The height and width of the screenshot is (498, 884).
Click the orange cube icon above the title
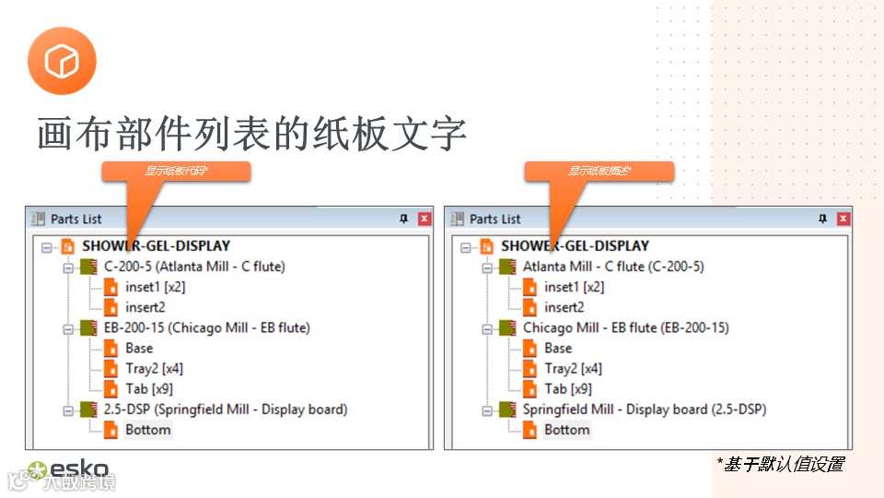62,61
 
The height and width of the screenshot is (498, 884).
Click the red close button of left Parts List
425,219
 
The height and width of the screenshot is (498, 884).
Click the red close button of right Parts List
843,219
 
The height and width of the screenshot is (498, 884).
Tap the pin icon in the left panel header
403,219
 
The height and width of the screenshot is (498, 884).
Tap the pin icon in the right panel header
822,219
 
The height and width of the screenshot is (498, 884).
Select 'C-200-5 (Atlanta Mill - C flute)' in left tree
194,267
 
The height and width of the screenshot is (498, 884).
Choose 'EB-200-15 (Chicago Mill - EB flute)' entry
206,327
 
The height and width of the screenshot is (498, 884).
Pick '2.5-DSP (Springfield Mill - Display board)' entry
225,409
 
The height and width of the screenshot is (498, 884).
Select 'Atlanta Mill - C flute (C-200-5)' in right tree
613,267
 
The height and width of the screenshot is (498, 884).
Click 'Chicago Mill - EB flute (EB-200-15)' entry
625,327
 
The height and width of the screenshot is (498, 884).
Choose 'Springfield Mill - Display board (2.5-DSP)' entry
645,409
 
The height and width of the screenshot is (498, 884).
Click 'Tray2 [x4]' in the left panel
154,369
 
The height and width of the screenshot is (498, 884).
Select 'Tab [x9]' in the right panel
568,389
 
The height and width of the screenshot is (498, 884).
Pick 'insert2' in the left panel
145,307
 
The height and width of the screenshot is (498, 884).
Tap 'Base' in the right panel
558,348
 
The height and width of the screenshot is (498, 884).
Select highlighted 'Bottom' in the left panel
148,430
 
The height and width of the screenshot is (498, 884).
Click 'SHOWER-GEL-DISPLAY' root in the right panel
575,246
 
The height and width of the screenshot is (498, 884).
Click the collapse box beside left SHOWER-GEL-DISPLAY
47,246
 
